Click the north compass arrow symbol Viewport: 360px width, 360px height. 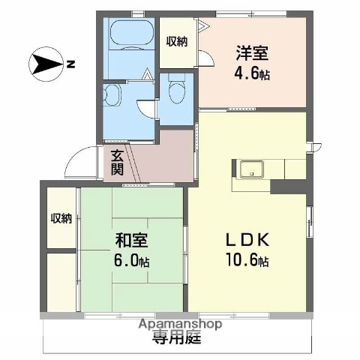click(x=46, y=64)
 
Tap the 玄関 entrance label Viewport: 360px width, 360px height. click(x=118, y=163)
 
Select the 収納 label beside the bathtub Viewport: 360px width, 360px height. click(x=177, y=40)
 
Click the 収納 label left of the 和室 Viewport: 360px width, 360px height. click(x=61, y=218)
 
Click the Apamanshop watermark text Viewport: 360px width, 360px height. click(x=180, y=324)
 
